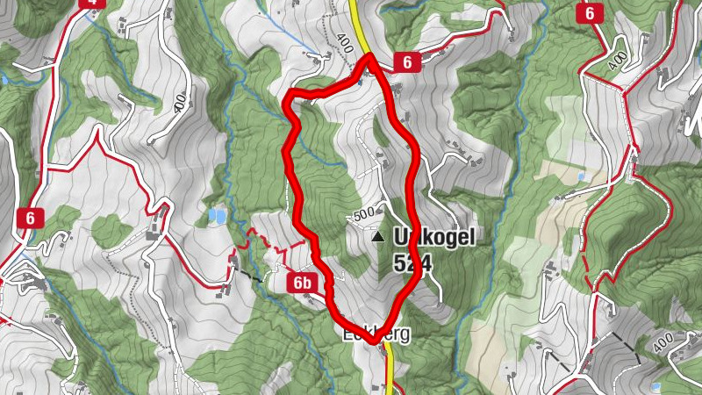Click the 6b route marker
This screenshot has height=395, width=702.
pyautogui.click(x=303, y=282)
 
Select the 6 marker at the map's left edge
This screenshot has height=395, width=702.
pyautogui.click(x=34, y=218)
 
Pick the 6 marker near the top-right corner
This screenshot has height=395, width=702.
pyautogui.click(x=589, y=13)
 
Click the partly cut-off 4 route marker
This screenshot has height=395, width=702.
pyautogui.click(x=91, y=3)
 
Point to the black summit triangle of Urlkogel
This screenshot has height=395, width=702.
pyautogui.click(x=378, y=237)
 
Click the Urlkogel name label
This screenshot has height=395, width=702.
pyautogui.click(x=430, y=237)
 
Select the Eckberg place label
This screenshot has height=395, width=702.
pyautogui.click(x=376, y=334)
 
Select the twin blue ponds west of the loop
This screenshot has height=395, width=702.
pyautogui.click(x=216, y=213)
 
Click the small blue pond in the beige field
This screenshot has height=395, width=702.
pyautogui.click(x=581, y=177)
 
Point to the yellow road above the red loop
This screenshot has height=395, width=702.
pyautogui.click(x=358, y=22)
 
